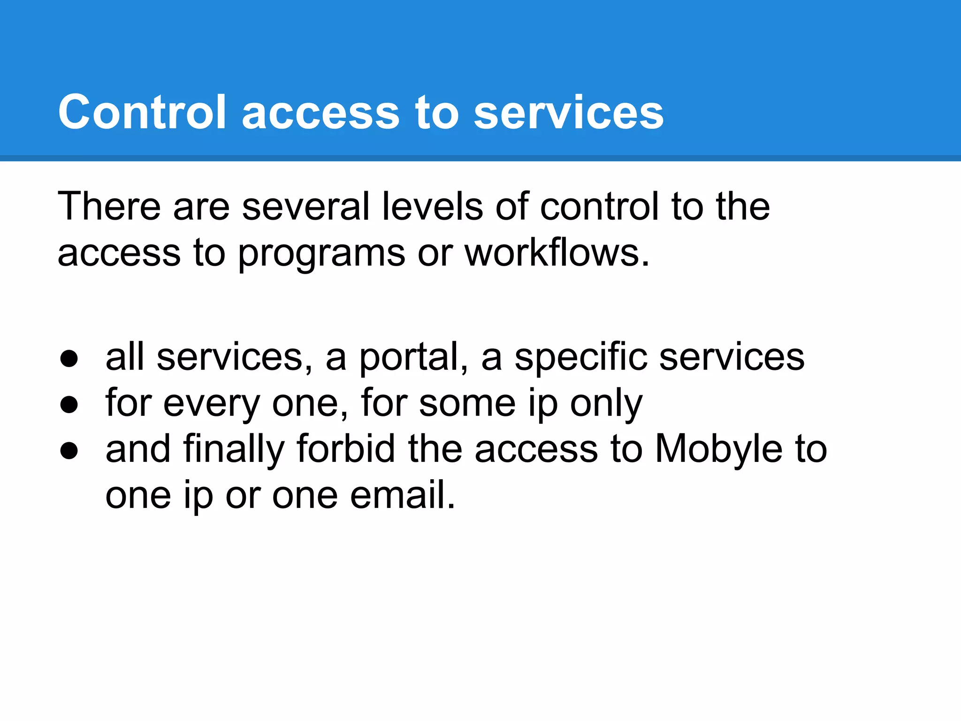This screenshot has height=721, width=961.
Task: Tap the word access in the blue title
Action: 320,113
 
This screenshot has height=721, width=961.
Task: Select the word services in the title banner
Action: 568,113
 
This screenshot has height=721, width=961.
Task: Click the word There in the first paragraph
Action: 109,206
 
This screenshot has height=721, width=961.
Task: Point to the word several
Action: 305,206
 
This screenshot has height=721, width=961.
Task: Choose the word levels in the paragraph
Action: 432,206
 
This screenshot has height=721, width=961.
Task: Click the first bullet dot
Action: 69,359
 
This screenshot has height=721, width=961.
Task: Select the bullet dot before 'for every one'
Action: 69,405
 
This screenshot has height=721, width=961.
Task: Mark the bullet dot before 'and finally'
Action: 69,451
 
